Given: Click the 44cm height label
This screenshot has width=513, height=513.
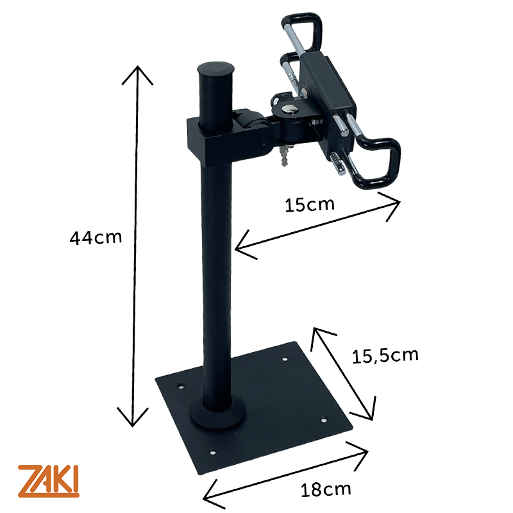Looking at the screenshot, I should tap(96, 238).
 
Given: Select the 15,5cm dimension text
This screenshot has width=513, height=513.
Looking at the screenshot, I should tap(385, 355).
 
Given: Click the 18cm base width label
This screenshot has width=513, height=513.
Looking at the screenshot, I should tap(326, 490).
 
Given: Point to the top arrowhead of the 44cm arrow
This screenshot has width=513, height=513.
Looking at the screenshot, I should tap(135, 69).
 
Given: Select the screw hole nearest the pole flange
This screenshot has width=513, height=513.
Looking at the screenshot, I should tap(180, 388).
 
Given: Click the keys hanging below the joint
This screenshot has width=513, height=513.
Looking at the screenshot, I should tap(283, 155).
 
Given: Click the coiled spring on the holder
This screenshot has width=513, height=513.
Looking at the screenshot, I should tap(292, 80).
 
